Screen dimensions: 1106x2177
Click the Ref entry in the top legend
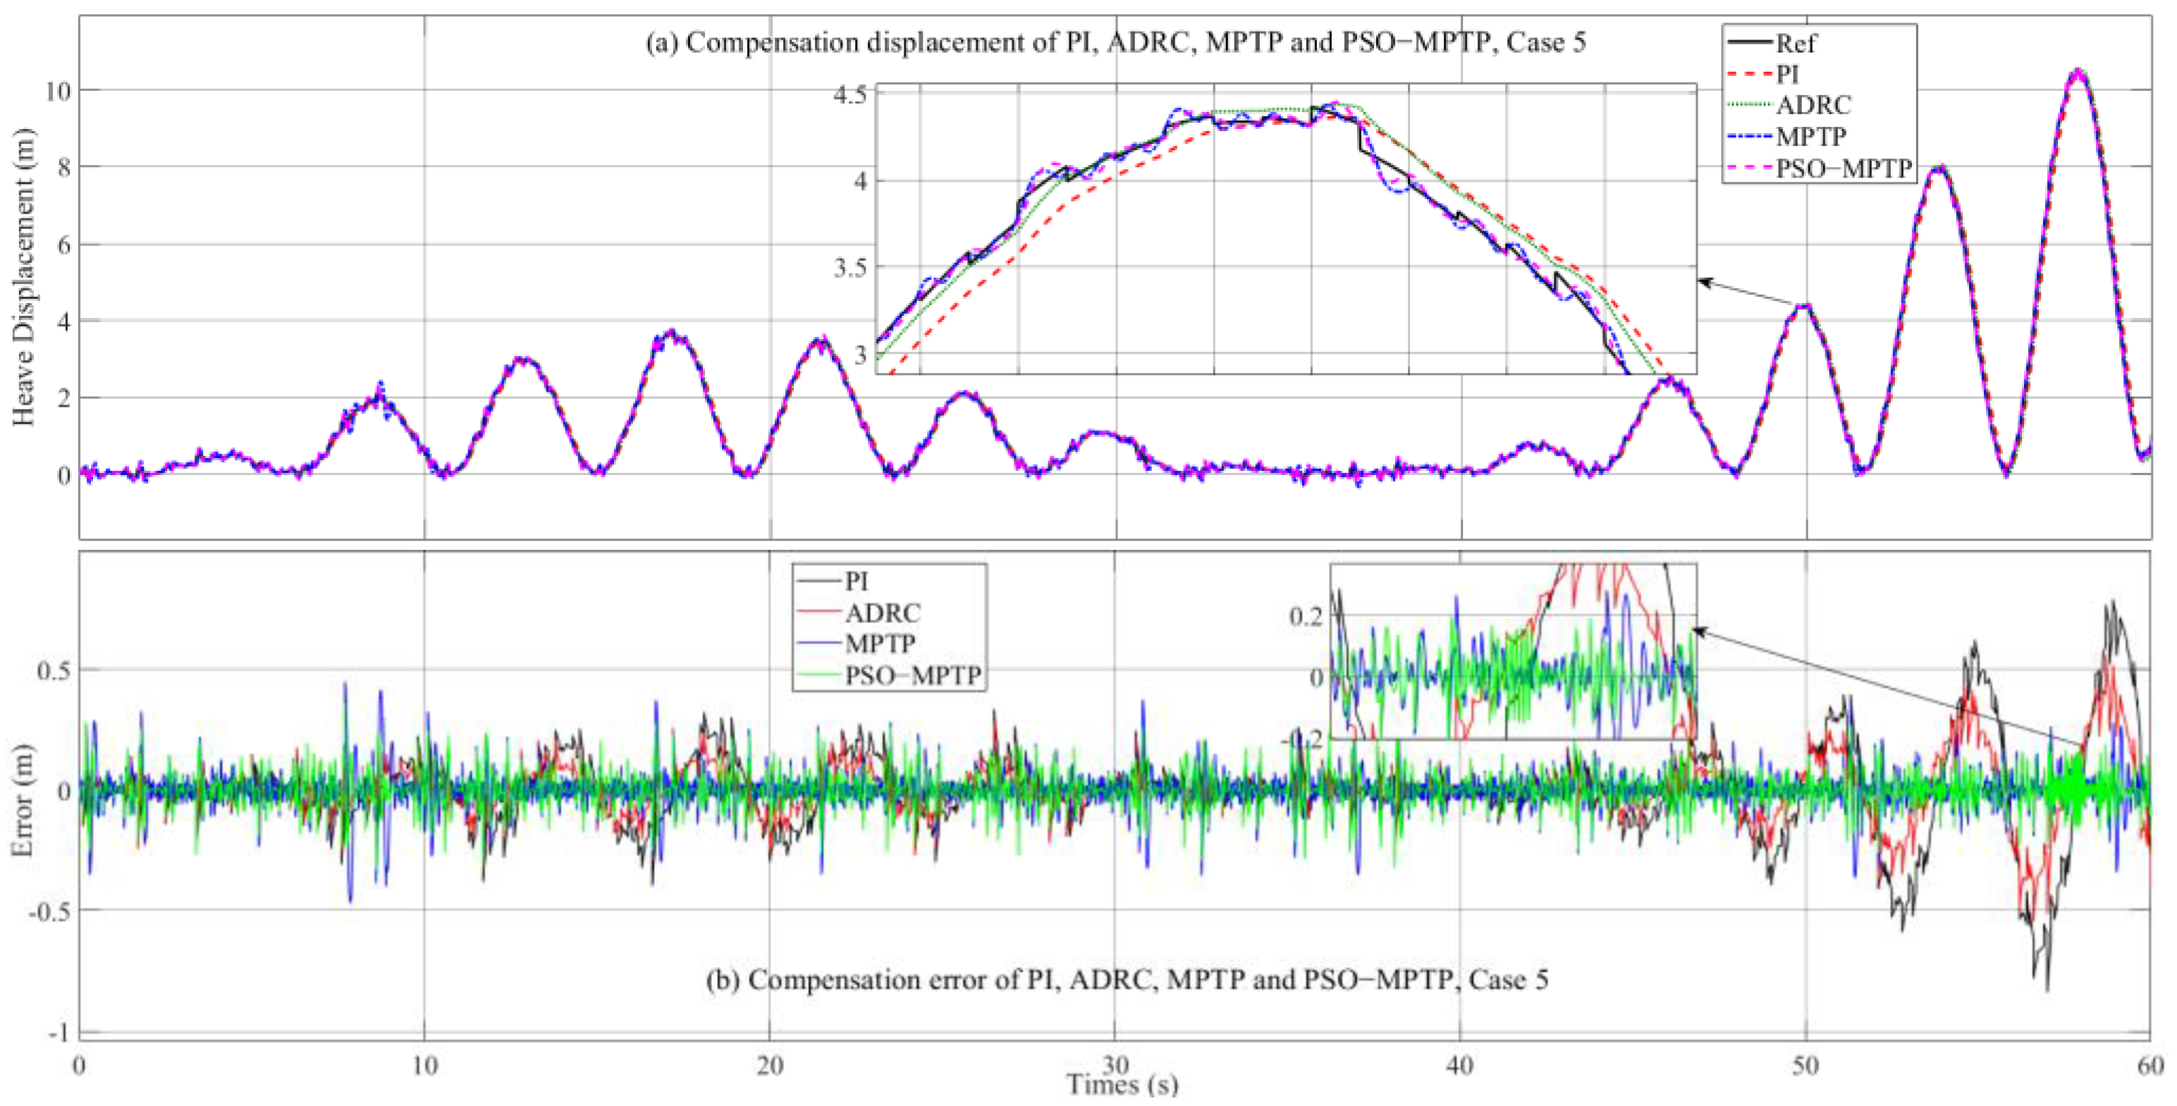click(x=1795, y=43)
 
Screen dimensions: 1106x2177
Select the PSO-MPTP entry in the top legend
click(x=1842, y=169)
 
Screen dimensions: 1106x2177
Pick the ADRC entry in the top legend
click(x=1813, y=106)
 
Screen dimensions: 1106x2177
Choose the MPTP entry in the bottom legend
click(x=880, y=644)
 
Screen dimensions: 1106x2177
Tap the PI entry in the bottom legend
click(x=856, y=582)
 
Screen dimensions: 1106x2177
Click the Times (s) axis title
click(x=1122, y=1084)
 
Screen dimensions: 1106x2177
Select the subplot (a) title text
click(x=1115, y=42)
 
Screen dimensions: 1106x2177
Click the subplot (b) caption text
click(x=1127, y=980)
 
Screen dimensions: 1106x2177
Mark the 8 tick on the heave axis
click(x=63, y=166)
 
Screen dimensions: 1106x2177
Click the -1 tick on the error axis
click(x=58, y=1033)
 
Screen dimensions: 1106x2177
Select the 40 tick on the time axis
click(x=1459, y=1064)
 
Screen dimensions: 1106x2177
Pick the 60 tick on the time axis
click(x=2149, y=1064)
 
